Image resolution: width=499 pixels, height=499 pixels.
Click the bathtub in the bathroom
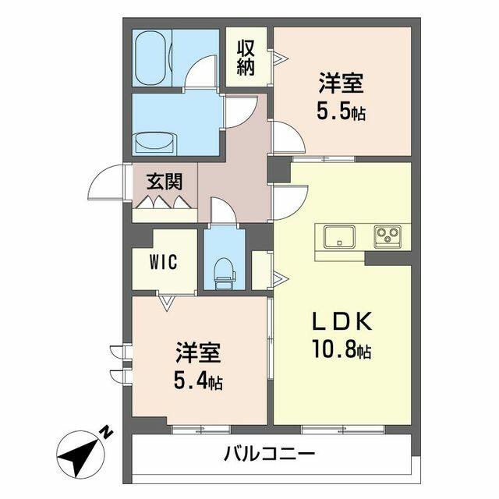[x=151, y=58]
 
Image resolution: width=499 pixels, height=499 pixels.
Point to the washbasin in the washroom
[x=155, y=143]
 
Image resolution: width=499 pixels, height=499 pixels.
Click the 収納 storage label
[x=246, y=56]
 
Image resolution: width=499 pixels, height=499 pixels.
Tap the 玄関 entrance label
[x=165, y=182]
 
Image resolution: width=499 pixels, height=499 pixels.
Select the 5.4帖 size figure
[x=197, y=382]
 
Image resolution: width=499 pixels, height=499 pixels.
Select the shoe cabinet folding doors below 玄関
[x=165, y=203]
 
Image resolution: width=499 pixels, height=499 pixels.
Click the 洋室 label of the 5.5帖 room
[x=342, y=82]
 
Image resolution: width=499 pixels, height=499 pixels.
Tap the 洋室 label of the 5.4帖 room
[x=197, y=352]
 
